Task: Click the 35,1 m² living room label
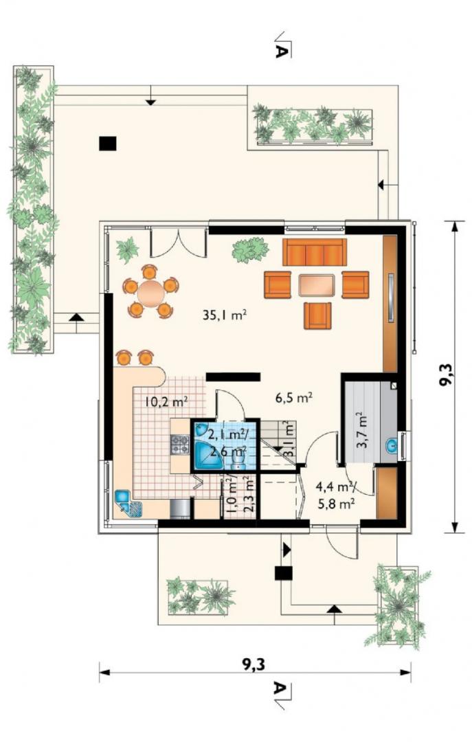[x=225, y=315]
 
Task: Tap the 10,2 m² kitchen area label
[x=167, y=402]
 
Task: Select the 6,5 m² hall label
[x=293, y=398]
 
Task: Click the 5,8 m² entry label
[x=337, y=504]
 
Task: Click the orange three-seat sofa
[x=315, y=252]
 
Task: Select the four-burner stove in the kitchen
[x=180, y=445]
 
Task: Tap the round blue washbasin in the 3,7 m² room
[x=392, y=445]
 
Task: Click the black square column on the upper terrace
[x=108, y=144]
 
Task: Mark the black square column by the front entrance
[x=284, y=573]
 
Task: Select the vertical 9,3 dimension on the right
[x=453, y=376]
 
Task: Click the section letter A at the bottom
[x=281, y=690]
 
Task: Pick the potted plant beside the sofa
[x=250, y=249]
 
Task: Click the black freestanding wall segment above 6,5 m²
[x=234, y=376]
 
